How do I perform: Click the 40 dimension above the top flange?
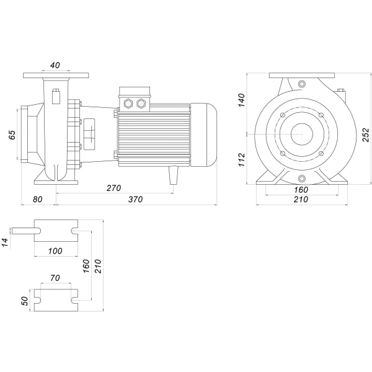pos(56,64)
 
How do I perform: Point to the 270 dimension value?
pos(113,187)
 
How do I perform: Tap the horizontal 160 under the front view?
pos(300,190)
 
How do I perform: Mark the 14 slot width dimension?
pos(6,242)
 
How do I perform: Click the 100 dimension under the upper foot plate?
pos(55,250)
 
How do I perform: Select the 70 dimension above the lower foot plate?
pos(55,279)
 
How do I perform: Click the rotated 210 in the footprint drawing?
pos(97,265)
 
